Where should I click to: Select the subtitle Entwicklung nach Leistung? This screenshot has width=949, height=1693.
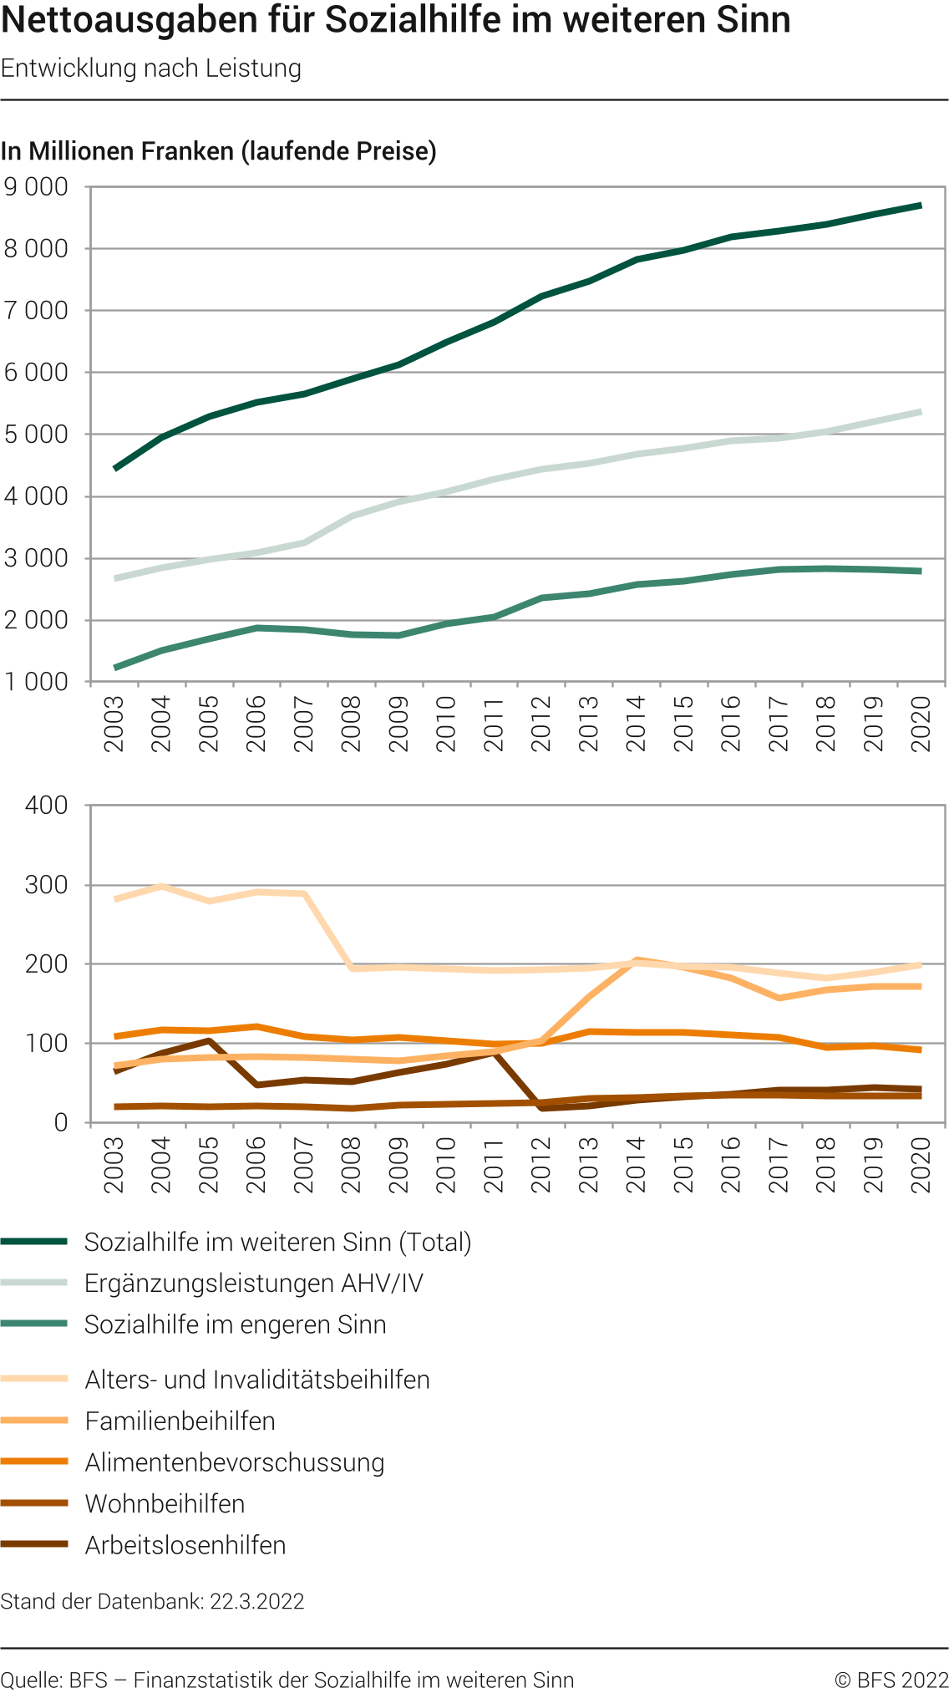(x=151, y=69)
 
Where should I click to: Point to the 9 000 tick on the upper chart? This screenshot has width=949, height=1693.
(x=36, y=187)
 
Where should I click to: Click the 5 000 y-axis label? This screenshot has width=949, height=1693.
(x=36, y=435)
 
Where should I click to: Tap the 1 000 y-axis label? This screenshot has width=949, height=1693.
(x=36, y=682)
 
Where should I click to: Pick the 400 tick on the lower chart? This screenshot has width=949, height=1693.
(x=47, y=806)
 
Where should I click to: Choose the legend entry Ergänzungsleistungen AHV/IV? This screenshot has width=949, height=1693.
(x=254, y=1284)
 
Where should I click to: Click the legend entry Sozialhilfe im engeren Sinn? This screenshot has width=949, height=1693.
(x=235, y=1325)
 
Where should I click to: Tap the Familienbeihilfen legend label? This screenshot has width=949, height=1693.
(x=180, y=1421)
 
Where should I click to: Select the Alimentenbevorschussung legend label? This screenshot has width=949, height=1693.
(x=235, y=1463)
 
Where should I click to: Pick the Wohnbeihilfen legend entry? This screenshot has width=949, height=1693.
(x=165, y=1504)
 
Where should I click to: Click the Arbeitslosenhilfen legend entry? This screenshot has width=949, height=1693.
(x=185, y=1546)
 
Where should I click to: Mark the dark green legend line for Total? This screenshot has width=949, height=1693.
(x=34, y=1243)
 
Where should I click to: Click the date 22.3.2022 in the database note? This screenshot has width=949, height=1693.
(x=256, y=1602)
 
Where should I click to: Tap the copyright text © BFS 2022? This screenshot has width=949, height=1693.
(x=891, y=1680)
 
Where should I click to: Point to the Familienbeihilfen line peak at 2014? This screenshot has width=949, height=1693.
(x=637, y=960)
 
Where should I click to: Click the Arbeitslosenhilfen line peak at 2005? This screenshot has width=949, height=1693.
(x=209, y=1040)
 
